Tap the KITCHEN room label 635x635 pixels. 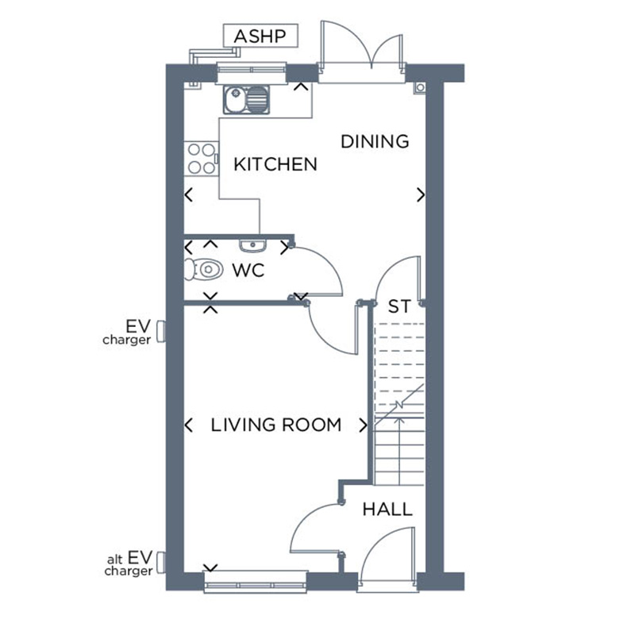(x=275, y=164)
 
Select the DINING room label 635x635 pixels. (x=375, y=141)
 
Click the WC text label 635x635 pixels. (x=248, y=270)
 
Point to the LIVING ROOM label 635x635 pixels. (x=276, y=425)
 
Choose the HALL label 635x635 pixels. (x=387, y=509)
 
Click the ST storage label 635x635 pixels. (x=398, y=306)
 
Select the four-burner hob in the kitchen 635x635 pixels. (x=201, y=158)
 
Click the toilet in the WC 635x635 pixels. (x=203, y=270)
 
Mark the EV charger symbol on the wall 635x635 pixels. (x=161, y=331)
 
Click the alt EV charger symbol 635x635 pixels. (x=161, y=562)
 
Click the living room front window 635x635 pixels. (x=256, y=586)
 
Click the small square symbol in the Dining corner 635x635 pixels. (x=419, y=87)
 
